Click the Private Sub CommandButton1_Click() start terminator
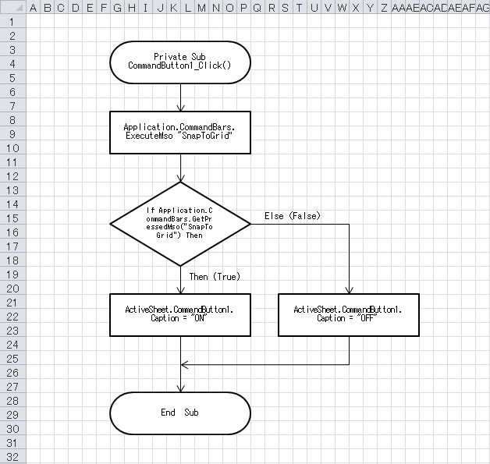pos(180,62)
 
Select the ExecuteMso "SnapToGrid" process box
pos(180,132)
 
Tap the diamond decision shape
pos(180,223)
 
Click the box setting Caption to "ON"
pos(180,314)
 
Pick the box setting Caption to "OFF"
pos(348,314)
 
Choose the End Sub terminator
pos(180,413)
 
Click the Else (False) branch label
pos(293,215)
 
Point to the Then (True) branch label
pos(215,276)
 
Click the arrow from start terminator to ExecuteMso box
pos(180,96)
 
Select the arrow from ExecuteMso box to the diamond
pos(180,168)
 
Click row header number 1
pos(13,22)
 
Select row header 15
pos(13,218)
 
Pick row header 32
pos(13,457)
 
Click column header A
pos(34,8)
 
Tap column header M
pos(202,8)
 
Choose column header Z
pos(383,8)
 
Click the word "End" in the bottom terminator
pos(168,413)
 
